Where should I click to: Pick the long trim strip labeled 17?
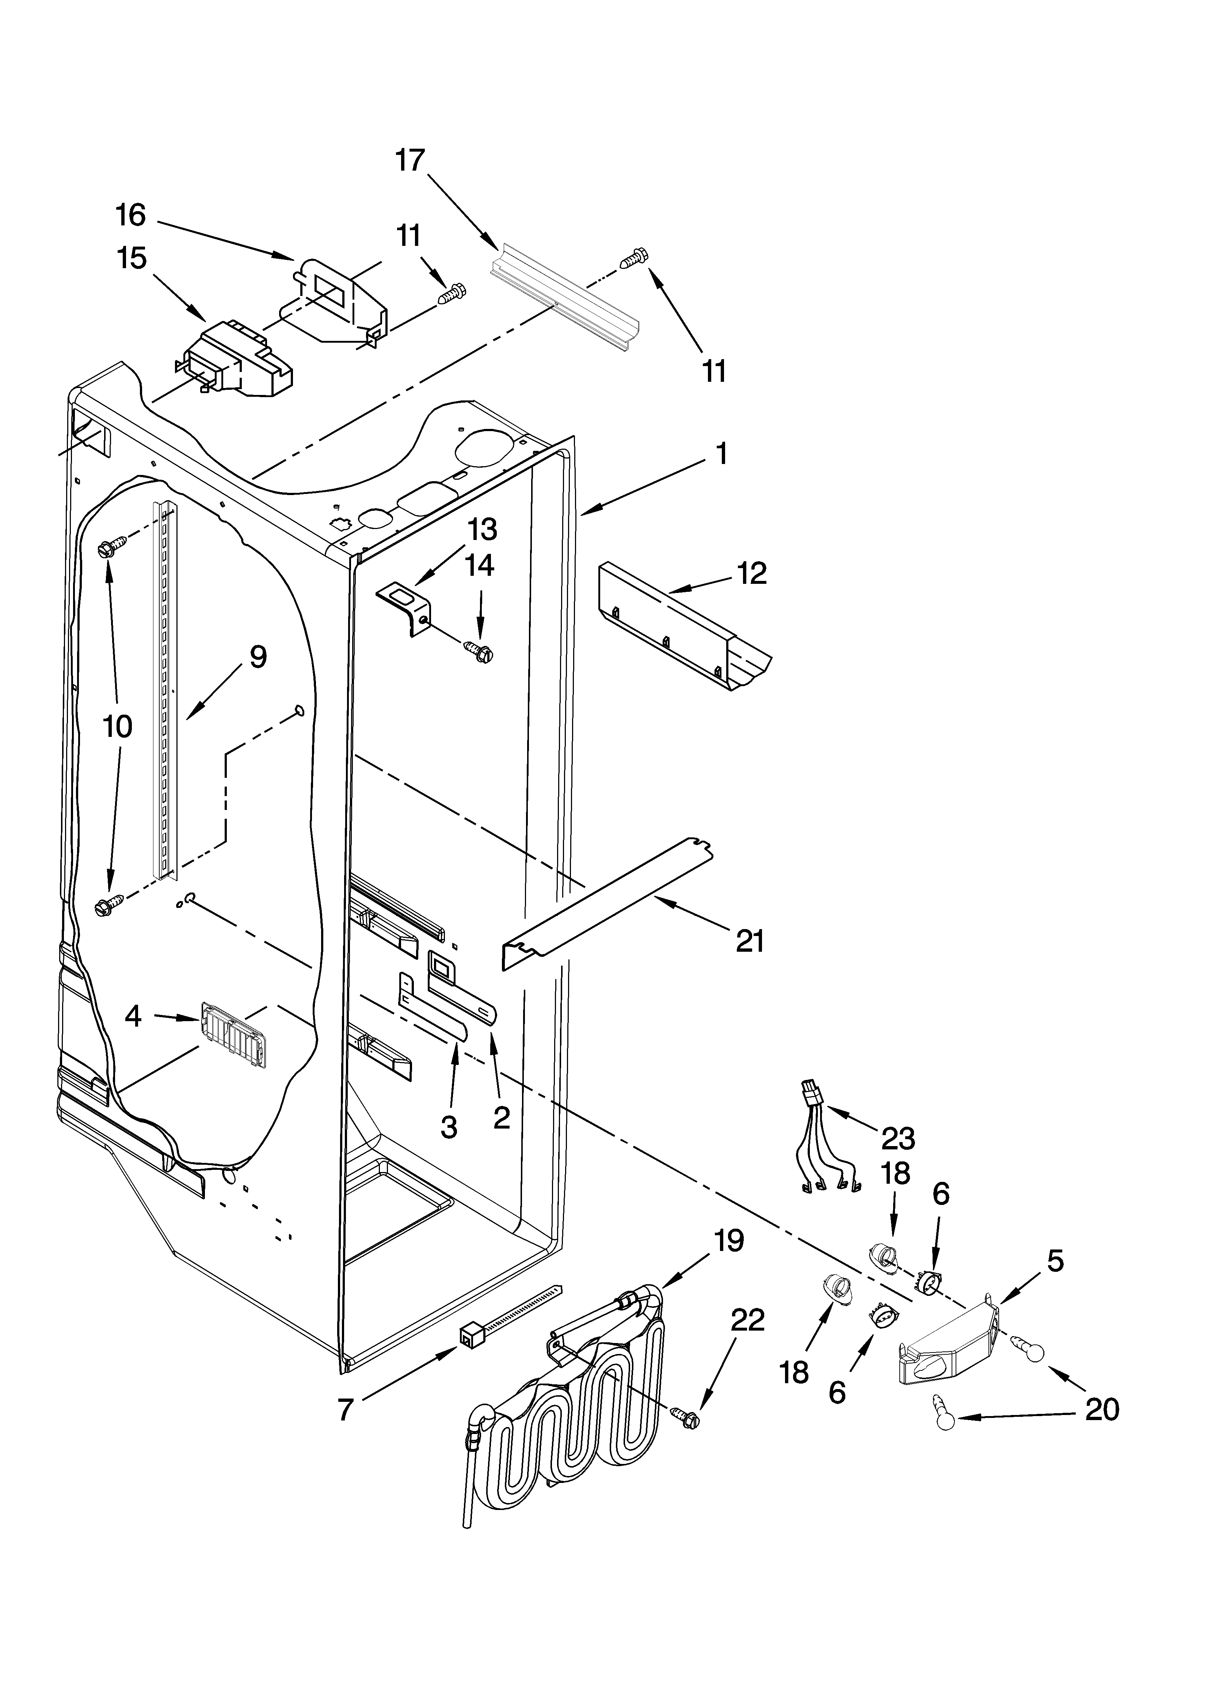pyautogui.click(x=566, y=298)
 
